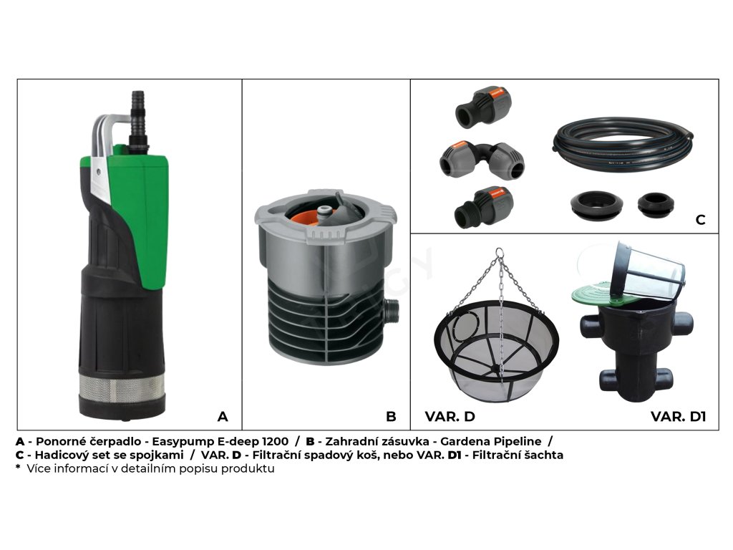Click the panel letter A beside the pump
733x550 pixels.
point(223,416)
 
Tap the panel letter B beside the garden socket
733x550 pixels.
point(391,416)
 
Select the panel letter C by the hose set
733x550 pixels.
point(700,219)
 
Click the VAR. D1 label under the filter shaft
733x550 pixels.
point(678,416)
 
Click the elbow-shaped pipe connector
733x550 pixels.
point(482,160)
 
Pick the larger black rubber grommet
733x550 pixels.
point(596,205)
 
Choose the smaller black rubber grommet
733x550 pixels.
point(656,205)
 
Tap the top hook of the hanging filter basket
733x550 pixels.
point(500,253)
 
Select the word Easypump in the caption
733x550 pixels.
point(182,441)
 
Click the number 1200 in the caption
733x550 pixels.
point(276,441)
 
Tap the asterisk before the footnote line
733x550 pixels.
point(18,467)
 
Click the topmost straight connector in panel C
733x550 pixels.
point(483,107)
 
